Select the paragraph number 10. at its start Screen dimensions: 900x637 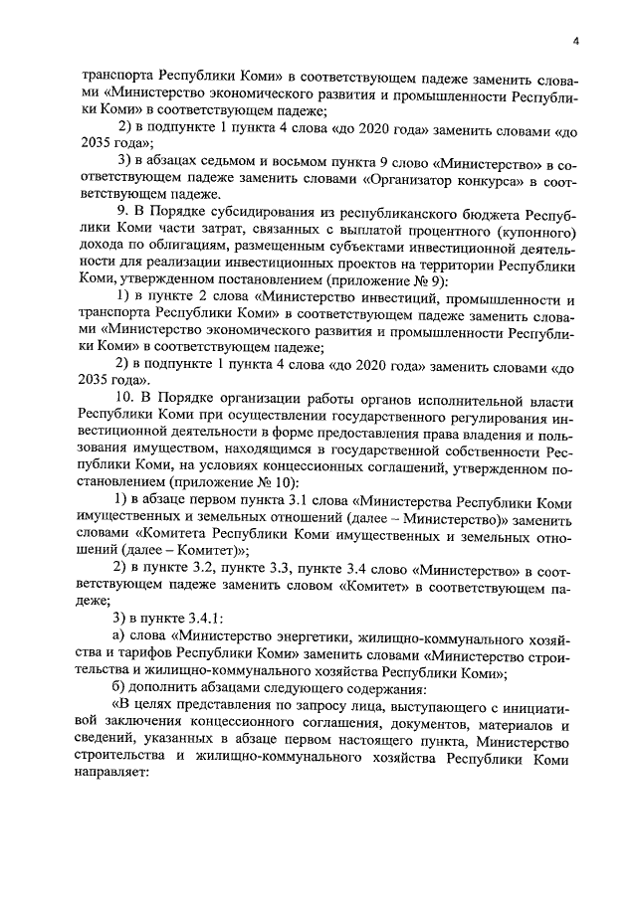coord(128,415)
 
